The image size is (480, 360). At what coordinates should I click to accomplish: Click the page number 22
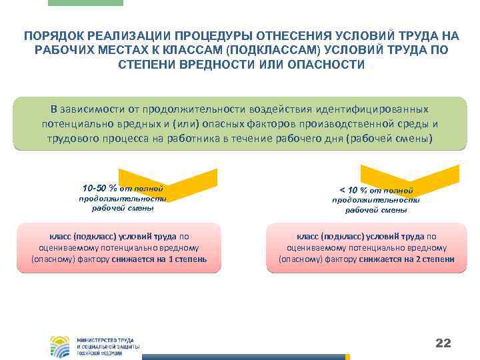[443, 343]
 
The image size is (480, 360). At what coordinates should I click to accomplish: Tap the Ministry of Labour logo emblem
[59, 346]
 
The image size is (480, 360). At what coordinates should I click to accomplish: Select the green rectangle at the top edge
[86, 3]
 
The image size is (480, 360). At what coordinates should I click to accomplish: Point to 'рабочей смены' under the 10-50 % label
[123, 208]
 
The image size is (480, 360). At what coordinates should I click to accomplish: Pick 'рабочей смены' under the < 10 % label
[376, 210]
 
